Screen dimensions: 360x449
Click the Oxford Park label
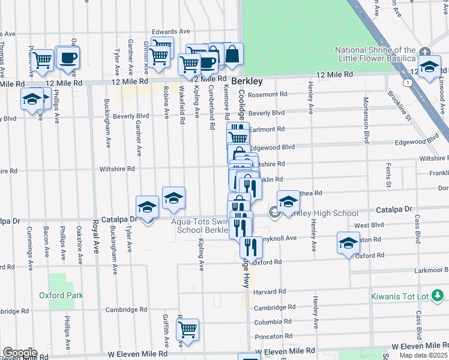(61, 295)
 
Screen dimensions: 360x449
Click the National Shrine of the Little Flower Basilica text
(375, 54)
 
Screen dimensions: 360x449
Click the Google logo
(19, 353)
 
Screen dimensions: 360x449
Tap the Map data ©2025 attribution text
(424, 355)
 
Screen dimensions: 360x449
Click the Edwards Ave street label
(170, 32)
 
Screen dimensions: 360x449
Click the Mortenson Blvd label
(365, 120)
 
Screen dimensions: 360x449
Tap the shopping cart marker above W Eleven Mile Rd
(188, 330)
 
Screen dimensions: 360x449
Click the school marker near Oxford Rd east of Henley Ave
(348, 243)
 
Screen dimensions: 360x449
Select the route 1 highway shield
(408, 82)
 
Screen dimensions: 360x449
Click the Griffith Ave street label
(166, 330)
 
